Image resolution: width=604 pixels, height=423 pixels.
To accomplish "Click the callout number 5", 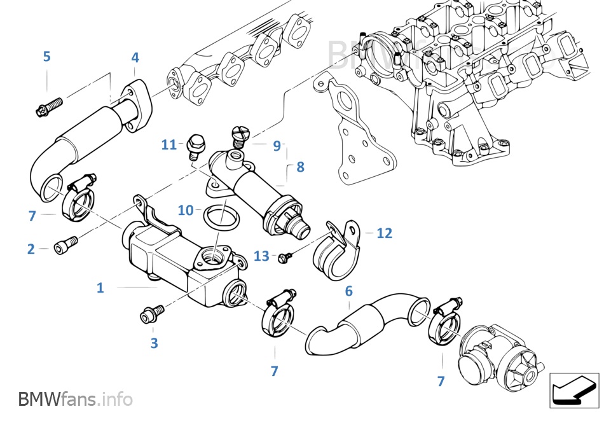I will coord(46,56).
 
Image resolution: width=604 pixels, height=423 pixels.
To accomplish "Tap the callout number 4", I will coord(135,58).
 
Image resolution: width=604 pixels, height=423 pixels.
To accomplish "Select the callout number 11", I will coord(168,144).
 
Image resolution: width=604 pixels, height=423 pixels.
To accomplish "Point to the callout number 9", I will coord(277,146).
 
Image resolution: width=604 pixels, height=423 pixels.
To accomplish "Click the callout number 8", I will coord(300,167).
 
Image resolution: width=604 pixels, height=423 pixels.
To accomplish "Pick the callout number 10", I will coord(185,210).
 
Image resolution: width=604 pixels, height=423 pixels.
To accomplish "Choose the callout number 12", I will coord(384,233).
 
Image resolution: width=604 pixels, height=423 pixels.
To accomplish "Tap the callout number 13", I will coord(261,256).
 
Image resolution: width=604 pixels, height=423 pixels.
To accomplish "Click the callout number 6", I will coord(348,291).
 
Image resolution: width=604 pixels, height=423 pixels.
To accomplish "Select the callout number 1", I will coord(100,288).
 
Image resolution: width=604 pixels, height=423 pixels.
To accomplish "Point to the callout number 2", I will coord(31,249).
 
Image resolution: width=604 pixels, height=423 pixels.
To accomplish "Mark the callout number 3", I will coord(154,343).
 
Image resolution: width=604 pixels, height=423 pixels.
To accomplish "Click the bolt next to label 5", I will coord(49,106).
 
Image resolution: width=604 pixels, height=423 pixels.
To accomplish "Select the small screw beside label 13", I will coord(285,257).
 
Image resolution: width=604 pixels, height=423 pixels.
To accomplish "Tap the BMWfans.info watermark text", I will coord(76,399).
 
